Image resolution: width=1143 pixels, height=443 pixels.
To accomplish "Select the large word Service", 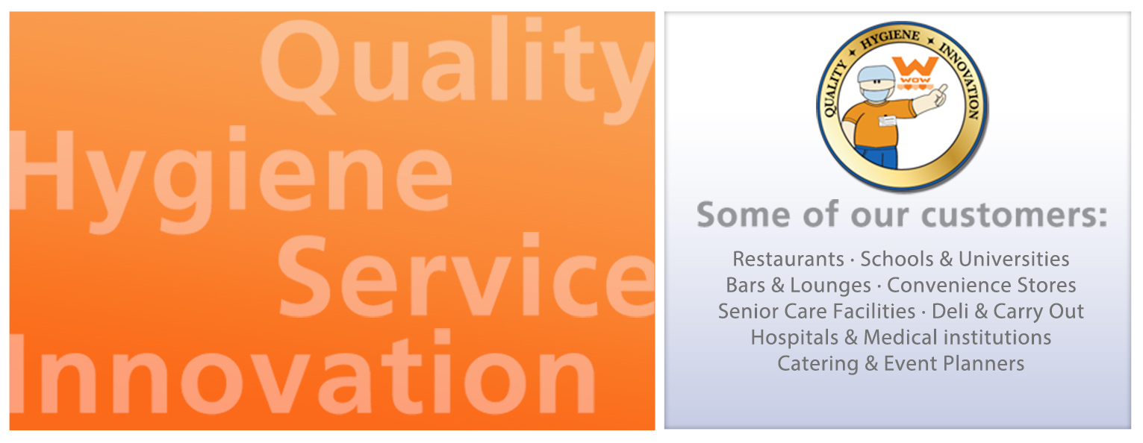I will (467, 276).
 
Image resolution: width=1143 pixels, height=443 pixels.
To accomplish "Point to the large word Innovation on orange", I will (302, 373).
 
